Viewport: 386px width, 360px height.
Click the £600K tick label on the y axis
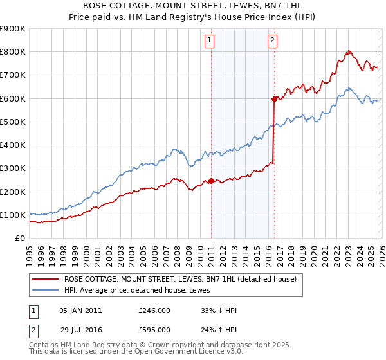click(13, 98)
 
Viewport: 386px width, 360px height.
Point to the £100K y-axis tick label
click(13, 215)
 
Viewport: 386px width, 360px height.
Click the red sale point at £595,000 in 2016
click(274, 99)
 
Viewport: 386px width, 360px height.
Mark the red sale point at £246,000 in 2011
click(212, 181)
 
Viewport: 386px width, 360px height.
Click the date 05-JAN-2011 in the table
click(80, 310)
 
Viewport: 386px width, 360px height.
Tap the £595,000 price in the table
click(154, 329)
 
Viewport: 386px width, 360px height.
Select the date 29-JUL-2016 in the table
click(80, 329)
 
